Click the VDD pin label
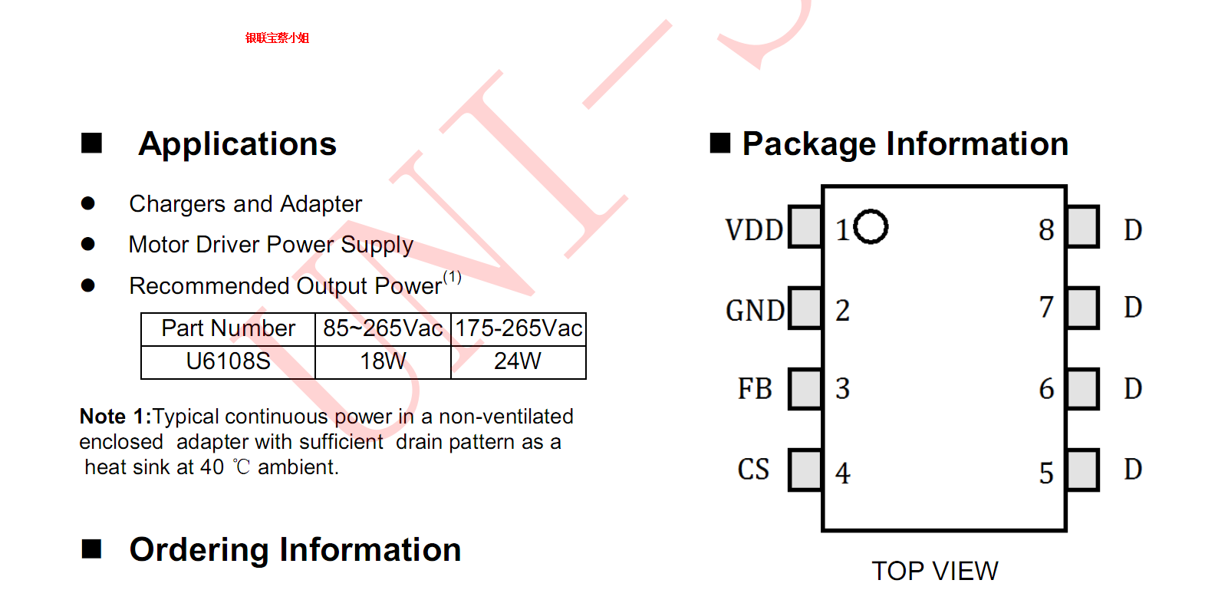[x=754, y=229]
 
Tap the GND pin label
[x=755, y=311]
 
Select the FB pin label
[x=755, y=388]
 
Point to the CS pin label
[x=753, y=470]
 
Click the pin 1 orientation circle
[x=871, y=226]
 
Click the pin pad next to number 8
[x=1082, y=226]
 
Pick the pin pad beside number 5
[x=1082, y=470]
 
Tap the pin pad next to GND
[x=805, y=308]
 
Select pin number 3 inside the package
[x=842, y=388]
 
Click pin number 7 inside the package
[x=1046, y=308]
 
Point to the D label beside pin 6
[x=1133, y=388]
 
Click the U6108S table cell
[x=228, y=361]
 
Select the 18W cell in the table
[x=383, y=361]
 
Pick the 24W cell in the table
[x=518, y=361]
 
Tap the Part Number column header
[x=228, y=328]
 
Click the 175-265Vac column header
[x=519, y=328]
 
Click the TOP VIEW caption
[x=934, y=571]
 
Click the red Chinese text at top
[x=277, y=38]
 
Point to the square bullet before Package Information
[x=719, y=143]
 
